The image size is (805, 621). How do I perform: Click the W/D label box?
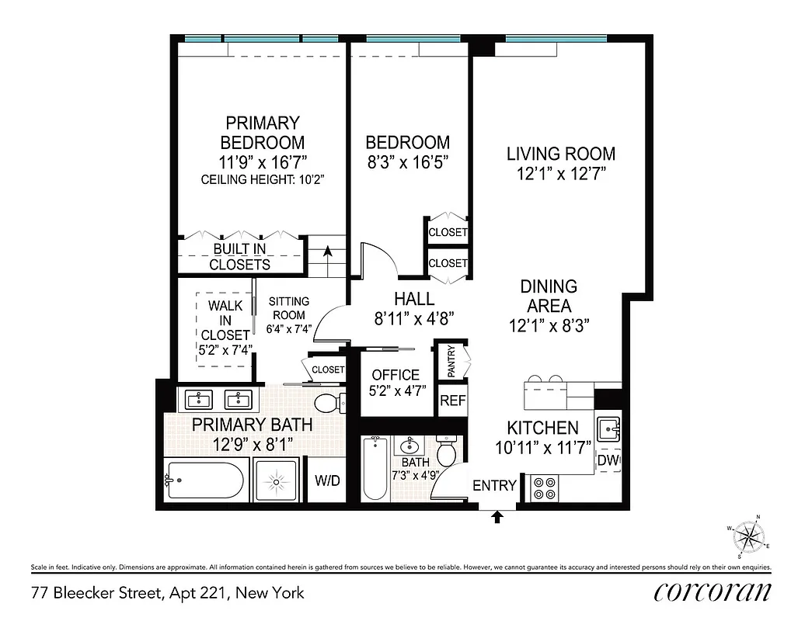(327, 480)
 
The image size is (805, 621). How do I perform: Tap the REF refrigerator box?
(452, 401)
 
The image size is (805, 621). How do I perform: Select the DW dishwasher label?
(608, 460)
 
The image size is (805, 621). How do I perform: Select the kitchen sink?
(608, 428)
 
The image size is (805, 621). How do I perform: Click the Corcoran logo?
(713, 592)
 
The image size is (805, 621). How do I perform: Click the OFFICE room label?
(396, 375)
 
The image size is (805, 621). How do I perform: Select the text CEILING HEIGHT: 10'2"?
(262, 179)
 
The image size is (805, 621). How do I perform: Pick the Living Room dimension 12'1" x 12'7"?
(561, 174)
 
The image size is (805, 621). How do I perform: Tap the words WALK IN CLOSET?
(225, 320)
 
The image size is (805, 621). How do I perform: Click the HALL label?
(414, 299)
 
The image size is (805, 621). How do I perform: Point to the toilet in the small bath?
(447, 453)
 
